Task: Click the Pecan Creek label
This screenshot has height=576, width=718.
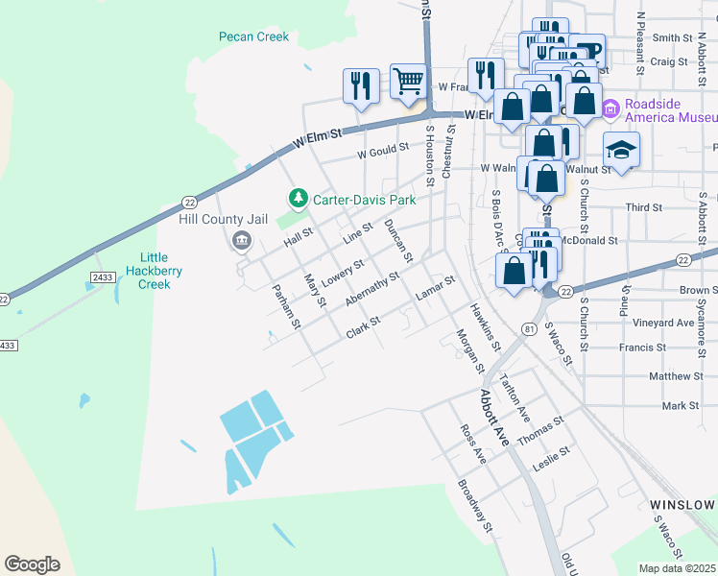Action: (253, 37)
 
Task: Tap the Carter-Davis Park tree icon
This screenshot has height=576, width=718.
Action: (299, 200)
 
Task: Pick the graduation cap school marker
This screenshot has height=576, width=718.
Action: (621, 151)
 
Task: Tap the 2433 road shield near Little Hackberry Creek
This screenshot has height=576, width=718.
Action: (103, 276)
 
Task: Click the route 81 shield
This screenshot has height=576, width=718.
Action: (529, 328)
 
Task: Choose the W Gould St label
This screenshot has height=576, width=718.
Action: (383, 152)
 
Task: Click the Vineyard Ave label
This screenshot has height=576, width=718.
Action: (670, 323)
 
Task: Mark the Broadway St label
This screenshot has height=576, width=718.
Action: (475, 505)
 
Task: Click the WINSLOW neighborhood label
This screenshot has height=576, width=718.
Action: (682, 505)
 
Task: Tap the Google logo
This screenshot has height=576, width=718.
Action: (32, 564)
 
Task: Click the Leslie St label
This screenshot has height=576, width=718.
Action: (552, 457)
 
